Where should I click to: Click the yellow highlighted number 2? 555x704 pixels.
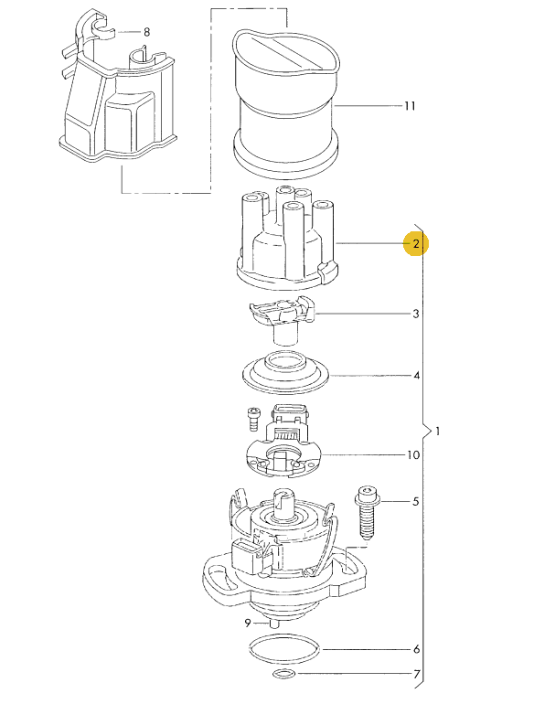coord(416,244)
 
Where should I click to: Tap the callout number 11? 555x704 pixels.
coord(409,106)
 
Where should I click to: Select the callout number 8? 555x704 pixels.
coord(146,32)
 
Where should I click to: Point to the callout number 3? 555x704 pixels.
coord(416,315)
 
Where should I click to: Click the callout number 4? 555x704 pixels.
coord(416,376)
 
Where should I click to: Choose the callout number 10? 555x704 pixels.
coord(413,454)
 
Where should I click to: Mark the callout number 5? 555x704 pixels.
coord(416,502)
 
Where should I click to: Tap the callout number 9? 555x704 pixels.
coord(247,624)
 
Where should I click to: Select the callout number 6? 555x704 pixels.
coord(416,650)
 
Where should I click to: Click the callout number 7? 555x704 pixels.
coord(416,677)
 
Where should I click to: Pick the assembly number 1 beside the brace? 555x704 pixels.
coord(439,431)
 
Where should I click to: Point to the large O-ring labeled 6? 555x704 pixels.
coord(285,650)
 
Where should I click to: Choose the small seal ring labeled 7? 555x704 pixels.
coord(284,676)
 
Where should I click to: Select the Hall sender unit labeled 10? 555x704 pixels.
coord(285,448)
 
